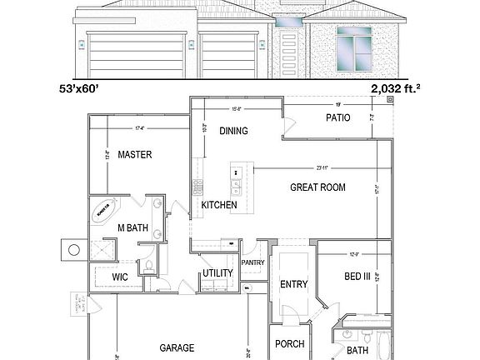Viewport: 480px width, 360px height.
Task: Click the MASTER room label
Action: point(133,154)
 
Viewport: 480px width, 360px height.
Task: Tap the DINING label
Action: point(234,131)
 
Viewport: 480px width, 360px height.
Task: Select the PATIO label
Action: point(337,118)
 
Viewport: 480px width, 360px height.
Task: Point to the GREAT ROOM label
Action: point(317,187)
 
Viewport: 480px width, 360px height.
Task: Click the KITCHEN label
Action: point(219,205)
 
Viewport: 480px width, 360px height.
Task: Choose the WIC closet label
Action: point(121,277)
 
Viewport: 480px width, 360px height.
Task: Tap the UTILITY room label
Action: point(217,273)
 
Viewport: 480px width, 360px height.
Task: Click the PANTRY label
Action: point(252,262)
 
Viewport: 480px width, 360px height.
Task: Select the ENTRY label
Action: point(293,284)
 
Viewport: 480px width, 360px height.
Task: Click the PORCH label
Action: point(289,344)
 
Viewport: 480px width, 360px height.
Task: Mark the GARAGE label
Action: point(177,347)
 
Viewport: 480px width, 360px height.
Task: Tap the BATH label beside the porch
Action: point(357,350)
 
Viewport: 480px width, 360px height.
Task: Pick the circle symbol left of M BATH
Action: point(73,249)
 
